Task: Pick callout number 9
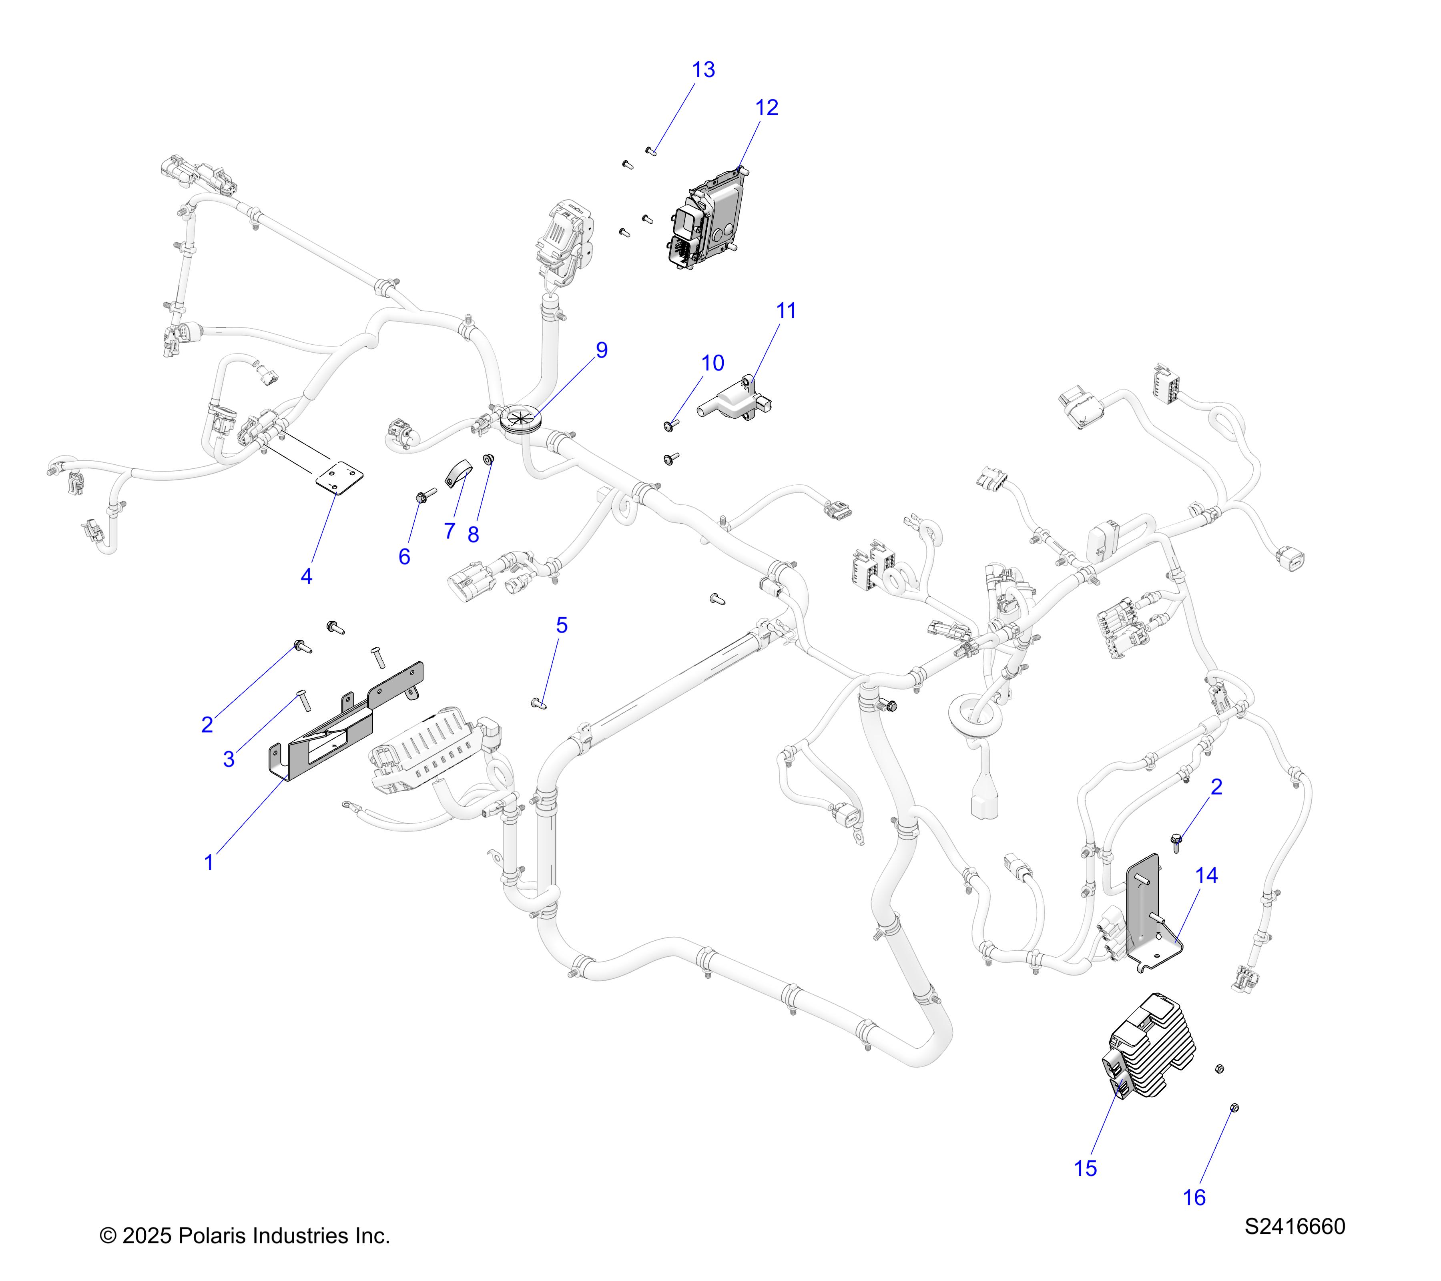point(601,350)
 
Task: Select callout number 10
point(713,363)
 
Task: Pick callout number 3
point(229,759)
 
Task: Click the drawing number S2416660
point(1294,1227)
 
